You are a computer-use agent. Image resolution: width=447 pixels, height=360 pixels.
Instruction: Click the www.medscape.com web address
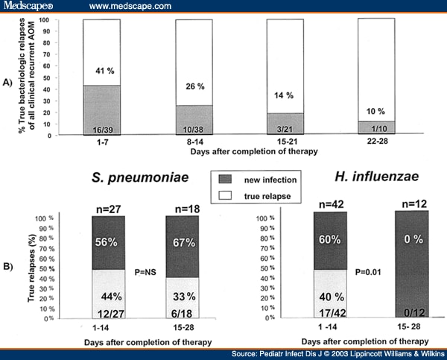click(x=130, y=6)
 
